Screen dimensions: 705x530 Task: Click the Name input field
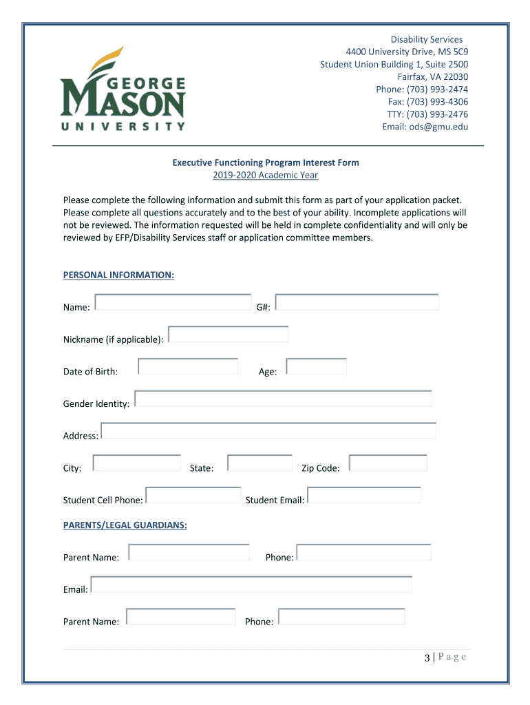point(173,302)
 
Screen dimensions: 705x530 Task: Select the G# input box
point(357,302)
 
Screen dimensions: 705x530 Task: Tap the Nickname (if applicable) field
point(228,335)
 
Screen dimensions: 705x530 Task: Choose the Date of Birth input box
point(188,366)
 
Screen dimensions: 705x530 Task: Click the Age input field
point(316,366)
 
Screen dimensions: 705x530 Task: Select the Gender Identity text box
point(283,399)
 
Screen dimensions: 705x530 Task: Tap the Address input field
point(268,431)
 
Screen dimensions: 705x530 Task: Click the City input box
point(136,463)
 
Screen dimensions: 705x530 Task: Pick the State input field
point(259,463)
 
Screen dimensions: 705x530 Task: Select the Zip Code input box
point(388,463)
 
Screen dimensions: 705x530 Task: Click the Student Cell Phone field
point(193,495)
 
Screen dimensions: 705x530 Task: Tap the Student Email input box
point(363,495)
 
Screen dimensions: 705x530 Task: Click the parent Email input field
point(251,585)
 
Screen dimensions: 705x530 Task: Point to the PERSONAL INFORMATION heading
point(118,275)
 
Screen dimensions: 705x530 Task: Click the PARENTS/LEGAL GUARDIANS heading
point(125,525)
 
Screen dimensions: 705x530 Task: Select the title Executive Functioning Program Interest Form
point(266,162)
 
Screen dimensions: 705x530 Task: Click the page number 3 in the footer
point(427,657)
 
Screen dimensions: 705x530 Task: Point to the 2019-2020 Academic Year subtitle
point(265,176)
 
